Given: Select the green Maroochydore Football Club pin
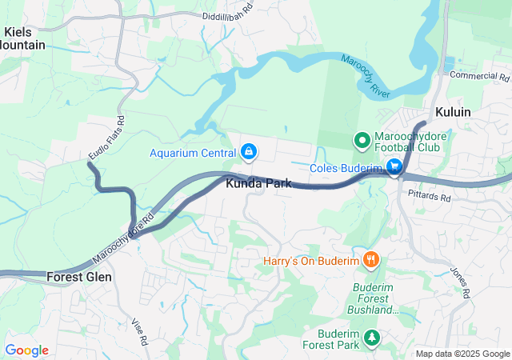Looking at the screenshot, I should [362, 141].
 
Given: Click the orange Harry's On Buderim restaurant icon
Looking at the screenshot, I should [370, 260].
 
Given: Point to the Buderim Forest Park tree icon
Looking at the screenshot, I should [371, 338].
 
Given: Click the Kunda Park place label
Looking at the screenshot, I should [258, 184].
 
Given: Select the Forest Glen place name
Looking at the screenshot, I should [79, 277].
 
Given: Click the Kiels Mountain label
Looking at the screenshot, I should [23, 38].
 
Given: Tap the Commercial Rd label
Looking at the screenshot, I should [479, 77].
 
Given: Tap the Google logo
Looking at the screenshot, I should [27, 350].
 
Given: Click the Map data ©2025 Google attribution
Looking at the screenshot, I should [462, 354].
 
